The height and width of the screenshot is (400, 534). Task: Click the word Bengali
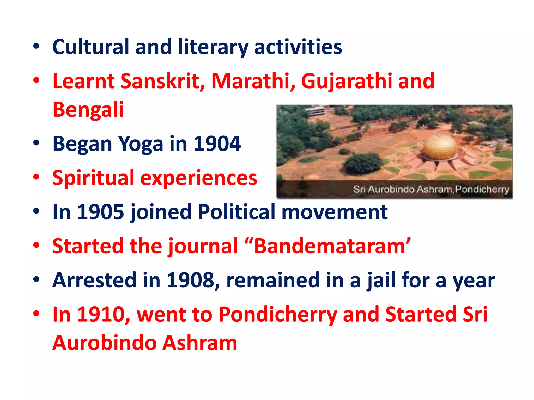[88, 109]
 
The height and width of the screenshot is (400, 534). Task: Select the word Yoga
[141, 144]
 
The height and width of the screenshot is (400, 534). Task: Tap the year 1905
[101, 212]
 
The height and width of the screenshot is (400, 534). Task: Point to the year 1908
[190, 280]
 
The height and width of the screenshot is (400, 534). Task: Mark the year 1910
[101, 314]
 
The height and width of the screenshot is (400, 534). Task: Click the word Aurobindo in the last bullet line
[104, 343]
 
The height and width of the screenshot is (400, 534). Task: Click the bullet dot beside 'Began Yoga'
[36, 143]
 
